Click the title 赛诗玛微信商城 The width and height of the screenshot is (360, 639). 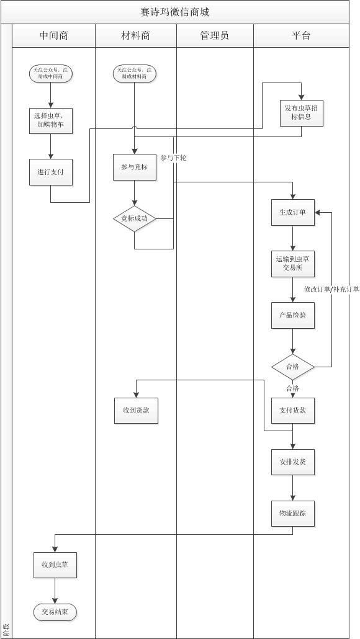(x=179, y=12)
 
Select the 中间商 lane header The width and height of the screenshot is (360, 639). (x=53, y=36)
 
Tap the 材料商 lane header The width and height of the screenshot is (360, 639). (x=135, y=36)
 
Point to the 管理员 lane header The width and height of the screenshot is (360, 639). (x=214, y=36)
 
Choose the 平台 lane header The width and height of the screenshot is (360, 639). (x=301, y=36)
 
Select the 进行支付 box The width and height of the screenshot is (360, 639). (x=51, y=172)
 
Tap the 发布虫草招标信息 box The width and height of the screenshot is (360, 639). (x=301, y=112)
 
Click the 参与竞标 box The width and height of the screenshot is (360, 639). (x=135, y=167)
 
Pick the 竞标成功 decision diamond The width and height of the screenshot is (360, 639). (x=135, y=219)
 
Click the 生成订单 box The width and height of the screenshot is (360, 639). (x=293, y=212)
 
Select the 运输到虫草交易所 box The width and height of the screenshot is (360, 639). (x=293, y=264)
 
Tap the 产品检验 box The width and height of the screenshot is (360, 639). (x=293, y=315)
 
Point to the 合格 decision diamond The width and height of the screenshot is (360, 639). (x=293, y=367)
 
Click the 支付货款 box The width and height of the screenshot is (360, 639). (x=293, y=410)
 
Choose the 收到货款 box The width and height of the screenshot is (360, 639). (x=136, y=410)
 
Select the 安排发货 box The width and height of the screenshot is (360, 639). (x=293, y=462)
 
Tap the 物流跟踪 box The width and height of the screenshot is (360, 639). (x=293, y=514)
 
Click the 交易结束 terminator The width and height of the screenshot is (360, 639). (x=55, y=612)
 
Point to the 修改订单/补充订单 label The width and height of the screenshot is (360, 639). (x=331, y=289)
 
